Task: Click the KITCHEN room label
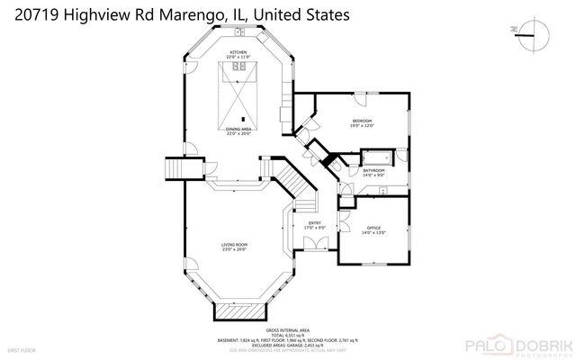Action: click(238, 53)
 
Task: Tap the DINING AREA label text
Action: click(238, 130)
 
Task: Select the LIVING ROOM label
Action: click(235, 245)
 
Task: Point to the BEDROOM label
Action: click(362, 121)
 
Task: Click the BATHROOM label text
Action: click(373, 169)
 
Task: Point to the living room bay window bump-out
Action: click(239, 311)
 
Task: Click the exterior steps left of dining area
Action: click(171, 168)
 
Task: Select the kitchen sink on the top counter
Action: click(241, 32)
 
